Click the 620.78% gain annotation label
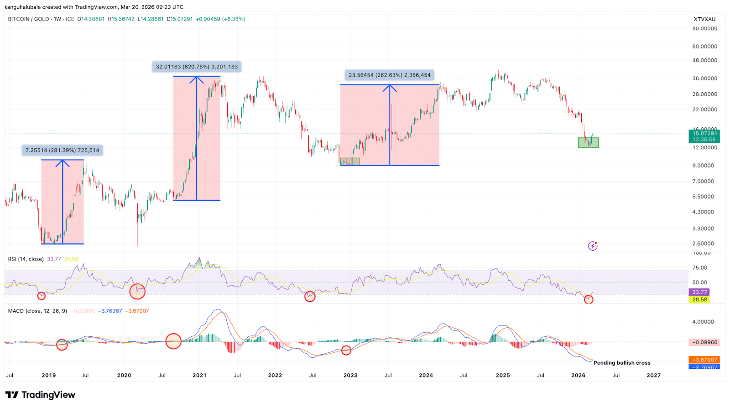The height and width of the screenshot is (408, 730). coord(197,67)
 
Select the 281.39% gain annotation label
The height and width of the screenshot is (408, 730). coord(62,150)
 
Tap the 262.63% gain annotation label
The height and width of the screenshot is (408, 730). coord(389,75)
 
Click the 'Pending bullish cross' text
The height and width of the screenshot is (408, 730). coord(622,363)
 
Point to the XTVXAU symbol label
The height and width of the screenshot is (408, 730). coord(704,19)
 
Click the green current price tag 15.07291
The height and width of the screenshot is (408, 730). coord(704,134)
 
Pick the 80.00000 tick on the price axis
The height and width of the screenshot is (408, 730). coord(704,28)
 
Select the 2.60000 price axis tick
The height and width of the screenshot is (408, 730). coord(703,243)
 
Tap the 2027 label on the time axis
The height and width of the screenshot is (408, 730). coord(653,375)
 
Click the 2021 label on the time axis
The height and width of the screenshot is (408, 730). coord(199,375)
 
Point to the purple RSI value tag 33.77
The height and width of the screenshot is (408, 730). coord(699,292)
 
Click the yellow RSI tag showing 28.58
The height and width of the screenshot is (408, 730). coord(699,300)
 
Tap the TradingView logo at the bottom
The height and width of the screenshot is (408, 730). coord(40,395)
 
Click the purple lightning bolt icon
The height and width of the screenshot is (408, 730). coord(593,246)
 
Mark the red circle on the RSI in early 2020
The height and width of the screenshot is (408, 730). coord(137,291)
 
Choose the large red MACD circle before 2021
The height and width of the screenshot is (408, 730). coord(173,341)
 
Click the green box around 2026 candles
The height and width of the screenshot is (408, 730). coord(588,142)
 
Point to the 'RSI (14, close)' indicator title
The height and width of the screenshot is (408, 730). coord(26,259)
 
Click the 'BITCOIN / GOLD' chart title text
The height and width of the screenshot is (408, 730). coord(28,19)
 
